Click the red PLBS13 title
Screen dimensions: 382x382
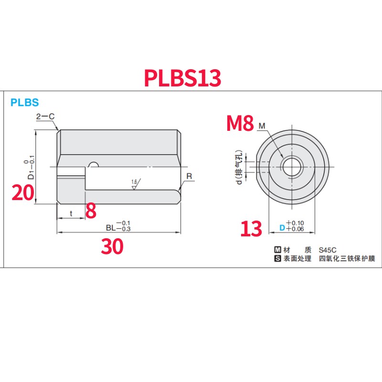click(183, 78)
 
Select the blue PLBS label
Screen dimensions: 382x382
click(24, 102)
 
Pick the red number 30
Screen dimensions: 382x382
click(112, 246)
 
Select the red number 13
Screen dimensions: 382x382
click(251, 229)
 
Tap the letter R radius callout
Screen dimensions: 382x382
click(189, 177)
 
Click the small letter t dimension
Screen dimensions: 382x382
click(71, 213)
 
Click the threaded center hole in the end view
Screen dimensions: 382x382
click(291, 166)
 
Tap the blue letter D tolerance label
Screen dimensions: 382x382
click(282, 229)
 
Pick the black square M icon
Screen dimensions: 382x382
click(277, 250)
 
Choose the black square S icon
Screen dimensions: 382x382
click(277, 259)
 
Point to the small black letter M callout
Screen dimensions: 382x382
click(261, 126)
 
